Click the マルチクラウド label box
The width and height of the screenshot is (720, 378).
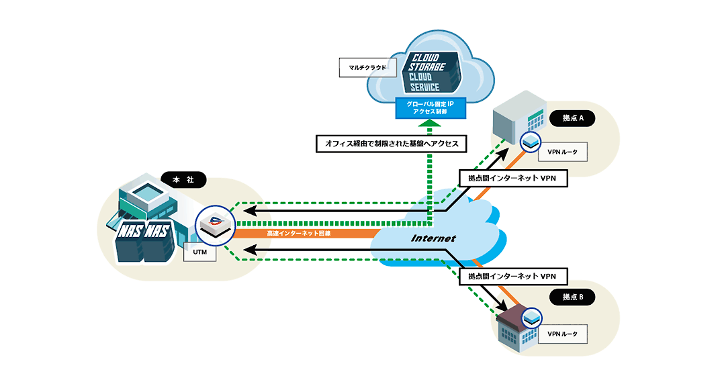pyautogui.click(x=368, y=68)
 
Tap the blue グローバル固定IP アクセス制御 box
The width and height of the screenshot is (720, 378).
pyautogui.click(x=431, y=108)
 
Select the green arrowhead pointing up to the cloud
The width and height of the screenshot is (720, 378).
pyautogui.click(x=430, y=123)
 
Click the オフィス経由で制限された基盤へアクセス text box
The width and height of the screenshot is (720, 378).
pyautogui.click(x=392, y=144)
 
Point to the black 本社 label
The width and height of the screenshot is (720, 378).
pyautogui.click(x=183, y=179)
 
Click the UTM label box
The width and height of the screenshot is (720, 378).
pyautogui.click(x=199, y=252)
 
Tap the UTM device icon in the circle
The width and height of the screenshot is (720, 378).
pyautogui.click(x=216, y=225)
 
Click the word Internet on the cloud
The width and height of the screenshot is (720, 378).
pyautogui.click(x=433, y=238)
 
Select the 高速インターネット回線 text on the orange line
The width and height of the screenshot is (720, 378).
pyautogui.click(x=299, y=234)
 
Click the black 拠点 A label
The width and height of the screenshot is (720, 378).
pyautogui.click(x=573, y=118)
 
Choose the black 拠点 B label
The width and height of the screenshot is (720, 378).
pyautogui.click(x=573, y=297)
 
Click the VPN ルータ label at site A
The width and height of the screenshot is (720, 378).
pyautogui.click(x=563, y=152)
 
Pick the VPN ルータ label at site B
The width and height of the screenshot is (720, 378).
pyautogui.click(x=563, y=334)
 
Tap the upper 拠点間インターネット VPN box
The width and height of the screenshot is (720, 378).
pyautogui.click(x=513, y=178)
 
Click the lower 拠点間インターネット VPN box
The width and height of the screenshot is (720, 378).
pyautogui.click(x=513, y=277)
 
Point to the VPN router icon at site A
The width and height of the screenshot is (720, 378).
pyautogui.click(x=531, y=141)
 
